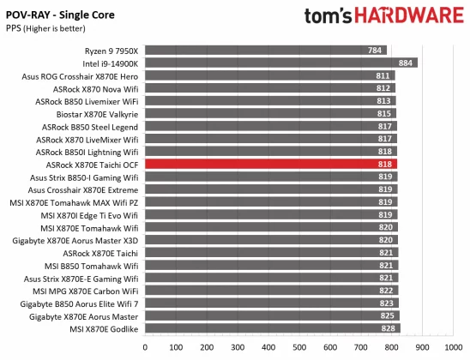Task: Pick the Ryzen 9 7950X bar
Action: pyautogui.click(x=266, y=50)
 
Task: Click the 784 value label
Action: pyautogui.click(x=376, y=50)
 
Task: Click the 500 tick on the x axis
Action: pyautogui.click(x=298, y=347)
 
